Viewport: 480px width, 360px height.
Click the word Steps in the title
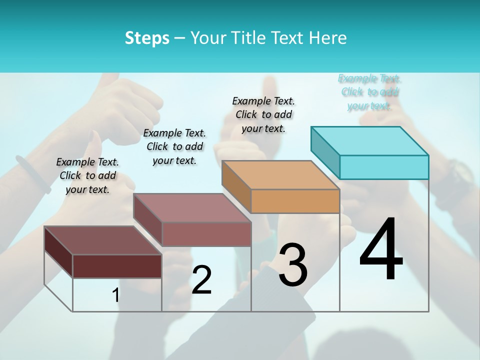click(x=147, y=38)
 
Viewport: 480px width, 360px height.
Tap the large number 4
click(x=381, y=250)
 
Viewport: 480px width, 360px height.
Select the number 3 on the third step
click(x=292, y=265)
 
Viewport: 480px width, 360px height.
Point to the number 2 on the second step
click(x=201, y=280)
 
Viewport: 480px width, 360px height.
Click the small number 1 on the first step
click(x=115, y=295)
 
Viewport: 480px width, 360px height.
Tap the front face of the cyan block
click(x=384, y=167)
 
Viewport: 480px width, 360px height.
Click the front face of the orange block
click(x=295, y=201)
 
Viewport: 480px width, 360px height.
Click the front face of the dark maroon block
click(x=117, y=266)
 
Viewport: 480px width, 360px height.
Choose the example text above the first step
click(x=87, y=175)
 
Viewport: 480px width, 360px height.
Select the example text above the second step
click(x=174, y=146)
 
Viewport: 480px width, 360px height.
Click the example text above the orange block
click(x=263, y=114)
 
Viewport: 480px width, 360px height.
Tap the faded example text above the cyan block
click(x=369, y=92)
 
